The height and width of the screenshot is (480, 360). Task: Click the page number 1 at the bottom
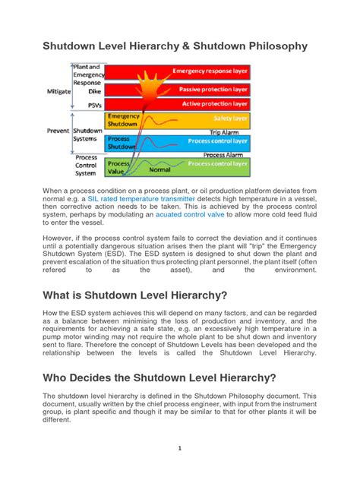tap(180, 448)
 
